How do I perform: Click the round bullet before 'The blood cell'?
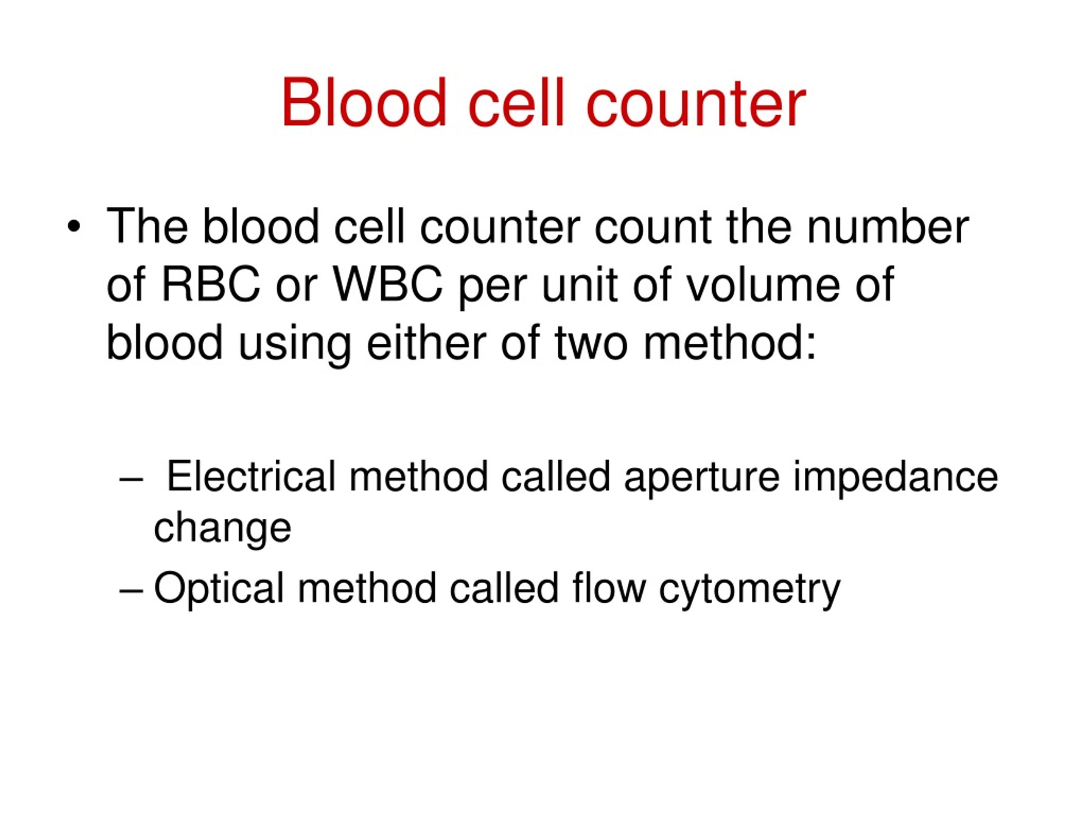(74, 227)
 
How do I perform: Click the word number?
(887, 227)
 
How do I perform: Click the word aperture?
(702, 478)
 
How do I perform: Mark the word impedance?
(896, 478)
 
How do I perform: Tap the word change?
(222, 529)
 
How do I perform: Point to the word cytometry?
(750, 590)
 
